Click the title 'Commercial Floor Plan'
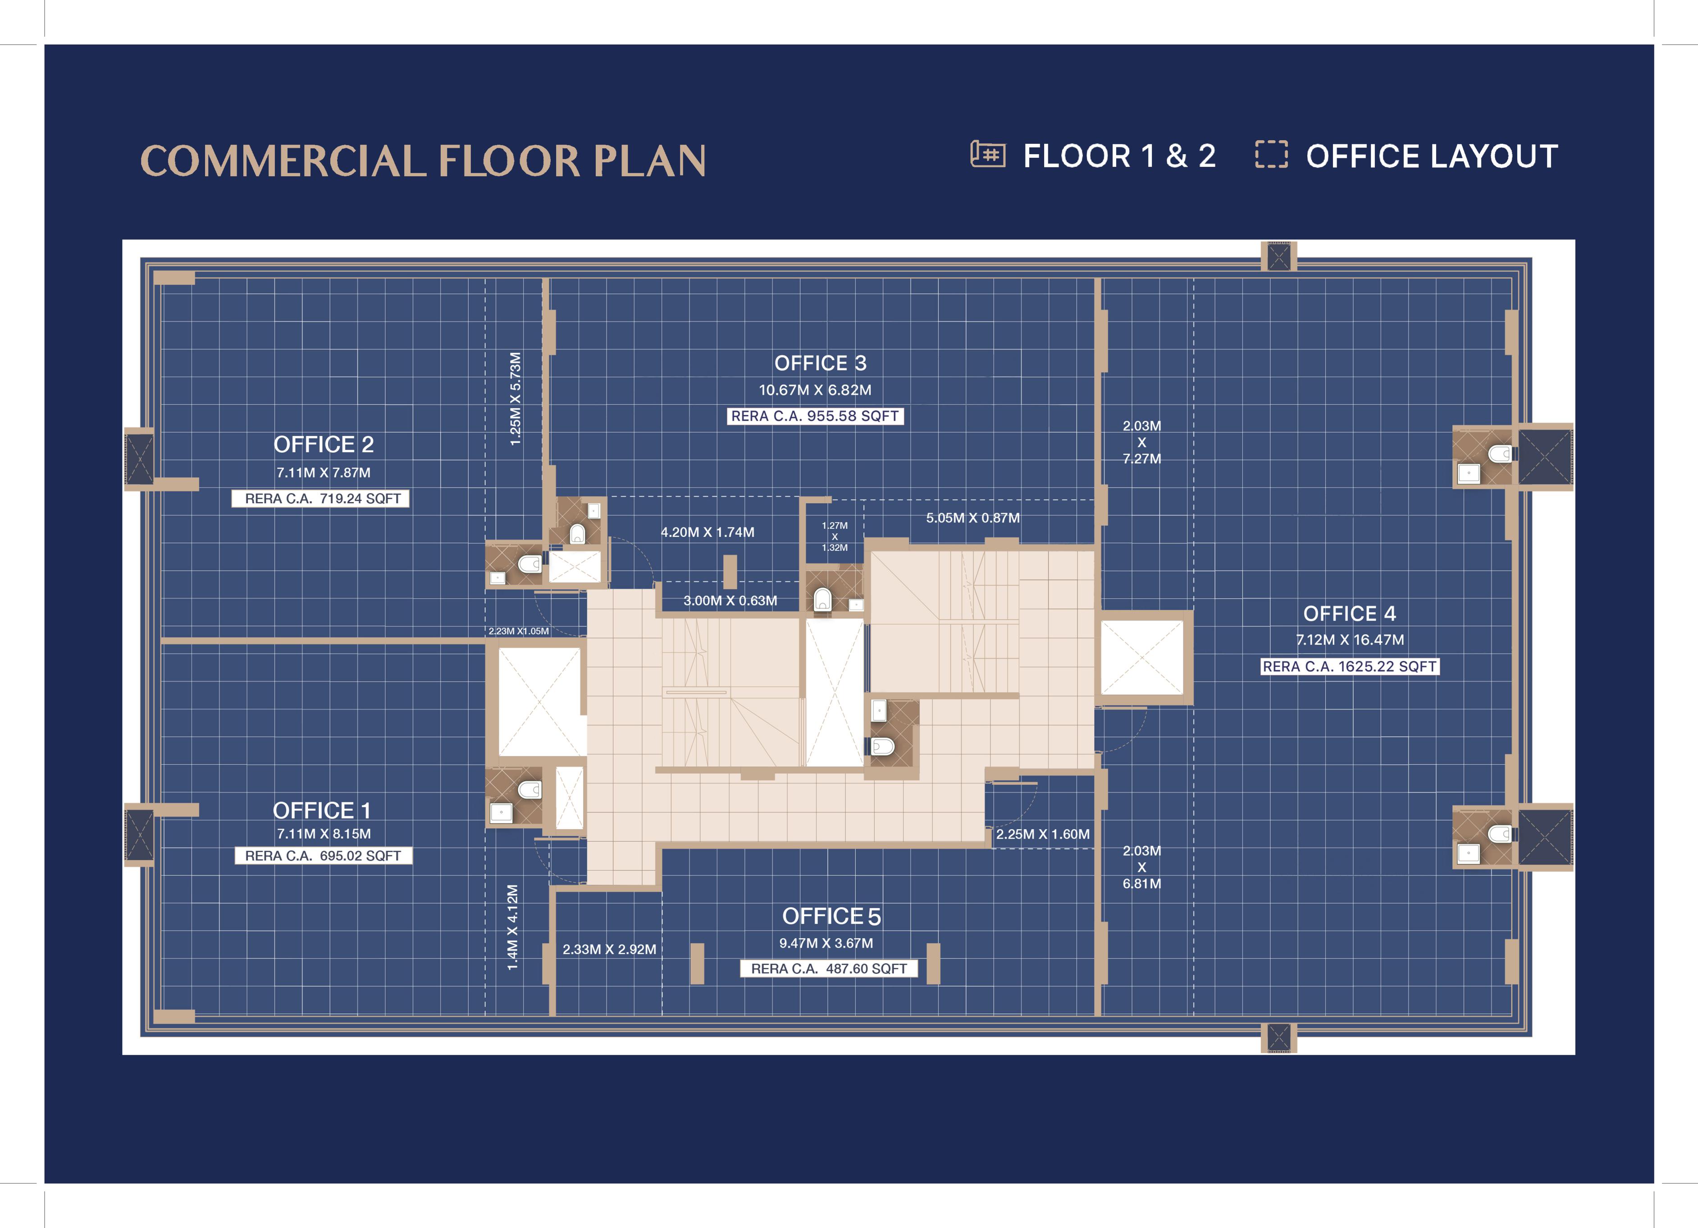pyautogui.click(x=423, y=161)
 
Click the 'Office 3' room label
pyautogui.click(x=820, y=363)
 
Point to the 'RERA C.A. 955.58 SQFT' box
pyautogui.click(x=815, y=417)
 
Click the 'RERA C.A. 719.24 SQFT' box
pyautogui.click(x=320, y=499)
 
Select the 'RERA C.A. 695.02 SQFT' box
pyautogui.click(x=324, y=856)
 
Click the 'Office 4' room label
pyautogui.click(x=1349, y=614)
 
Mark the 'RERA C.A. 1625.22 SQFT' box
pyautogui.click(x=1350, y=666)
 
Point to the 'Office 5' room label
pyautogui.click(x=831, y=916)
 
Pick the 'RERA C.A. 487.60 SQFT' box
pyautogui.click(x=829, y=969)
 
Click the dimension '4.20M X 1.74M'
pyautogui.click(x=707, y=532)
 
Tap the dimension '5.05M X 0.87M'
pyautogui.click(x=972, y=518)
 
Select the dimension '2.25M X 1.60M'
pyautogui.click(x=1043, y=834)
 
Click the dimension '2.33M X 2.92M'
pyautogui.click(x=609, y=949)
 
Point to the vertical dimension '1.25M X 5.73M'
pyautogui.click(x=515, y=399)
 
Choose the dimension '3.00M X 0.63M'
pyautogui.click(x=730, y=600)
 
